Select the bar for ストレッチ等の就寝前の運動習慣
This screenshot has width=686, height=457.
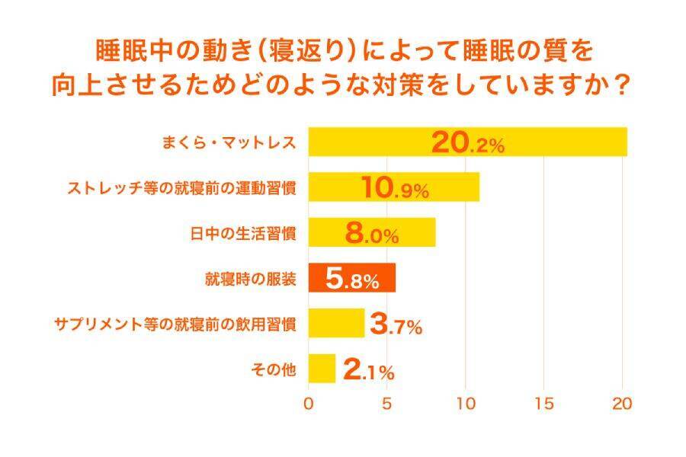(x=335, y=187)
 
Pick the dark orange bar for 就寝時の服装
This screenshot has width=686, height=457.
(x=316, y=279)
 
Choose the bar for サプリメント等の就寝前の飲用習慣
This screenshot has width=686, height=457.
(x=335, y=324)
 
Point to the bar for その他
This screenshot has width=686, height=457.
(x=322, y=369)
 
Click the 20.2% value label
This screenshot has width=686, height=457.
(x=467, y=142)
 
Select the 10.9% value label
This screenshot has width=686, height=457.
(x=394, y=188)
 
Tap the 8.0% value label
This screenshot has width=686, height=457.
(x=371, y=233)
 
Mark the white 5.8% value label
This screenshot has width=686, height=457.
(x=351, y=279)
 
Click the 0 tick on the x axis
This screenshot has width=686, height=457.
(x=309, y=404)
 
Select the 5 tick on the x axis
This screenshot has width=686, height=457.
(x=386, y=404)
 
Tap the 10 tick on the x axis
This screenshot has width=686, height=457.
(x=465, y=404)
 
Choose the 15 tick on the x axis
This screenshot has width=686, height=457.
(x=543, y=404)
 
